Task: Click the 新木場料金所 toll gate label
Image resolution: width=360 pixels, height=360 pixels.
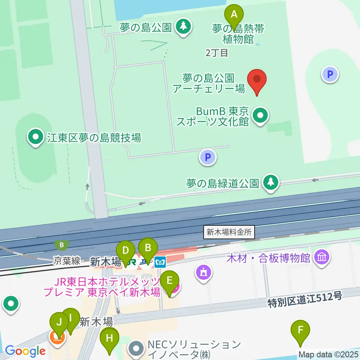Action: click(x=229, y=232)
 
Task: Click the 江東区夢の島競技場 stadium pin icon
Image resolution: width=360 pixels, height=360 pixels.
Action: click(x=36, y=137)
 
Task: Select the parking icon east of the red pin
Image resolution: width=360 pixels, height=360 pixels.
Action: click(x=330, y=74)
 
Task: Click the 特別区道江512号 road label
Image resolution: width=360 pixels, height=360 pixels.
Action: click(x=305, y=300)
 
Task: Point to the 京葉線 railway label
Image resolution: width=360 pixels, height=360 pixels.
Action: click(x=66, y=261)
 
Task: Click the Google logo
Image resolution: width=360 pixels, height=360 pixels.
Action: click(x=25, y=351)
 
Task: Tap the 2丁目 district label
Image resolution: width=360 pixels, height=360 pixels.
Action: click(x=217, y=53)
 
